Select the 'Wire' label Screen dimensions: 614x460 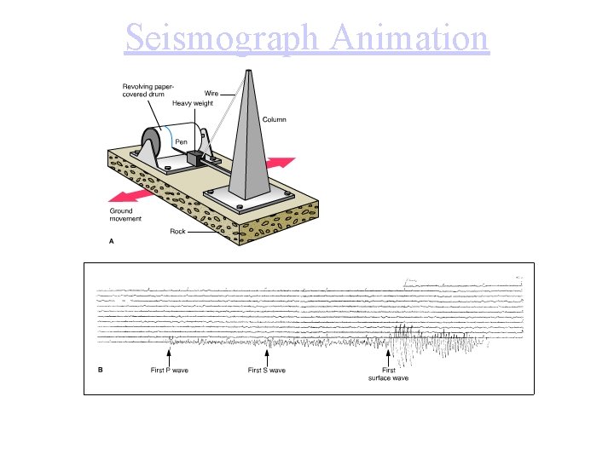[x=211, y=93]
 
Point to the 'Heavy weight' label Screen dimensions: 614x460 [x=193, y=103]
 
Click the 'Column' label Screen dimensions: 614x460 [x=274, y=119]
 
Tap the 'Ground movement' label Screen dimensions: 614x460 [x=125, y=215]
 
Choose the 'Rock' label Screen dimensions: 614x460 [x=177, y=231]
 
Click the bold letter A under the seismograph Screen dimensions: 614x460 [x=112, y=241]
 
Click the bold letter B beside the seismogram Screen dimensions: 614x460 [x=101, y=370]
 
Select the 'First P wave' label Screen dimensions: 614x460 [x=169, y=371]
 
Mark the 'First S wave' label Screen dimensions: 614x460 [x=267, y=371]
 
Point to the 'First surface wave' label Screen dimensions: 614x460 [x=388, y=374]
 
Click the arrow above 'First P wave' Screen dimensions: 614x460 [x=169, y=356]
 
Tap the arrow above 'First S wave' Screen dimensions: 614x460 [x=267, y=356]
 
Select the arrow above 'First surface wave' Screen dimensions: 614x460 [x=389, y=356]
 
